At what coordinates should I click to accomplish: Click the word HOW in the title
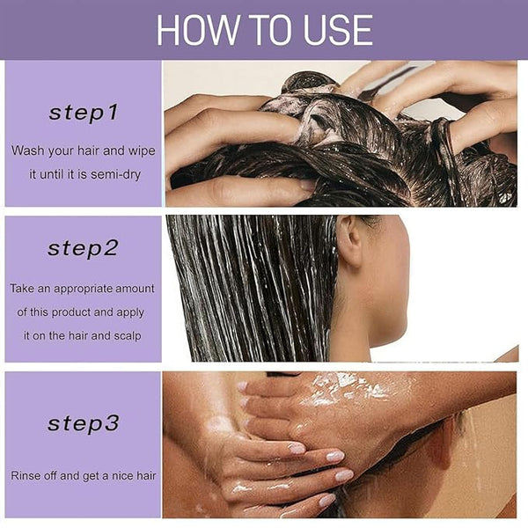198,30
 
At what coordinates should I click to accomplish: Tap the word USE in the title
338,30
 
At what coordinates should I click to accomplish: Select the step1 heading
84,113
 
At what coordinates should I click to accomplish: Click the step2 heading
83,249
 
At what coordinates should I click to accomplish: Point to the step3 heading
84,423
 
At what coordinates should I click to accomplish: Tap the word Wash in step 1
28,150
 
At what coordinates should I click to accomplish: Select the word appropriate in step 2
83,290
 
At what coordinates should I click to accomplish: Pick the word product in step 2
71,312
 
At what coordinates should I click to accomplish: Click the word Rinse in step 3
23,475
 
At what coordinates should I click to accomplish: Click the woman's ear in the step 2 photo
349,240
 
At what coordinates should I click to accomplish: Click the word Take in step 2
22,289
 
